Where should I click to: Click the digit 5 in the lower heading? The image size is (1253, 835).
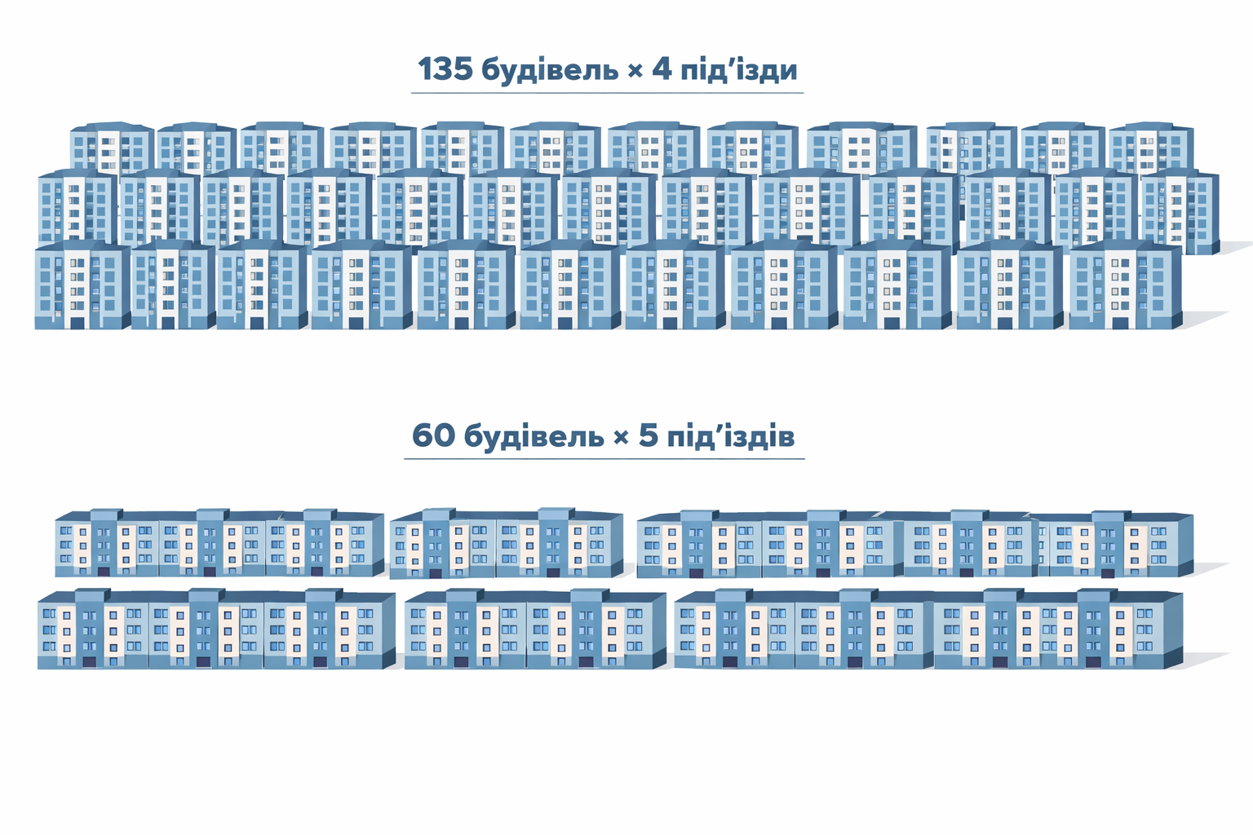coord(648,435)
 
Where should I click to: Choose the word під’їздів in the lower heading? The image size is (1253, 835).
coord(731,436)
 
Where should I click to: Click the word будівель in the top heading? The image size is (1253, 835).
coord(550,71)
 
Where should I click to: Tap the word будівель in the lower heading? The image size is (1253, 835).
coord(534,437)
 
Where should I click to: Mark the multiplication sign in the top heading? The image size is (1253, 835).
coord(635,72)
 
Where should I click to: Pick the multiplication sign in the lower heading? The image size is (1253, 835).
coord(621,438)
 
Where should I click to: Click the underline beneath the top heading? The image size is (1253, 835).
coord(608,93)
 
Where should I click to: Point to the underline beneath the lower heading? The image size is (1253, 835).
coord(604,459)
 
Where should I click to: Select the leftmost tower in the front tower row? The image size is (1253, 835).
coord(82,285)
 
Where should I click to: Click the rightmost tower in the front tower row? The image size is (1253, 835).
coord(1126,285)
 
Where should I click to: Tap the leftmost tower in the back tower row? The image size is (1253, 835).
coord(112,147)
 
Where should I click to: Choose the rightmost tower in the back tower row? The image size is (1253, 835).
coord(1151,147)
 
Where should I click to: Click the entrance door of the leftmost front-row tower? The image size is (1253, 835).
coord(77,323)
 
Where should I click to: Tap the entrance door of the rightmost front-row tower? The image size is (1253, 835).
coord(1120,323)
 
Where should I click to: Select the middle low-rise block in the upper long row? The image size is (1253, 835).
coord(507,543)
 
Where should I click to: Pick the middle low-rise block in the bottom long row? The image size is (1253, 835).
coord(535,630)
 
